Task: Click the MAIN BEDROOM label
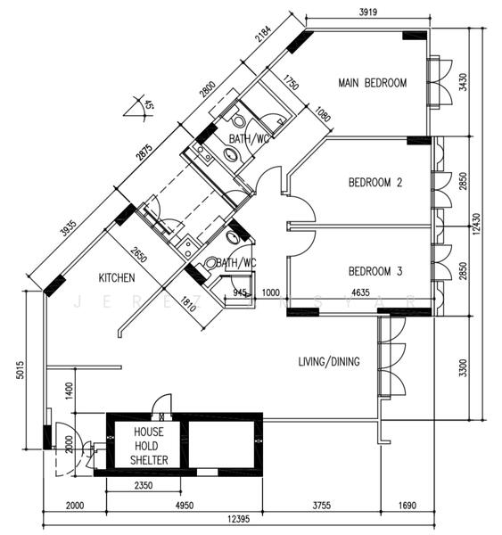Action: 372,83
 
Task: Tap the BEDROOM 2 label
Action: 375,183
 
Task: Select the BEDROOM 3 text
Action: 375,271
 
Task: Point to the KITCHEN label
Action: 117,276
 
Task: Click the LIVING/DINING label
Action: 329,361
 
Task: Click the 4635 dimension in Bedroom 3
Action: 361,292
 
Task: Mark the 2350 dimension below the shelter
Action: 147,487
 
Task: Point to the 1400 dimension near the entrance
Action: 68,388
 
